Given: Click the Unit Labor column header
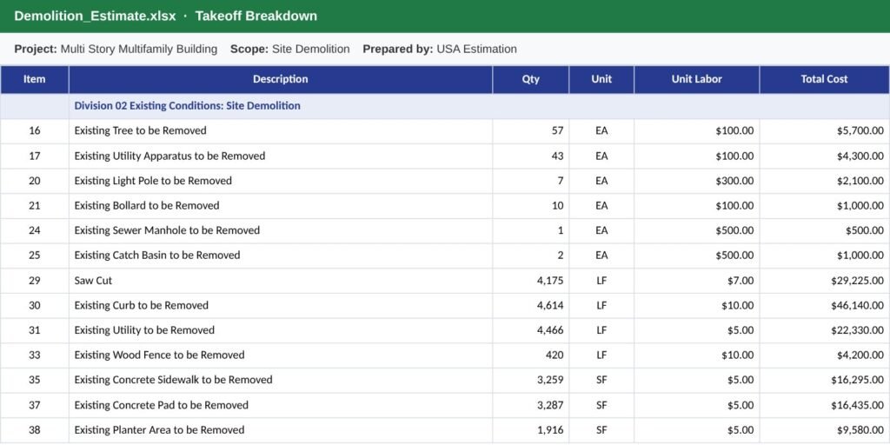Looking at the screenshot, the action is (696, 79).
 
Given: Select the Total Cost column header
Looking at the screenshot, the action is (824, 79).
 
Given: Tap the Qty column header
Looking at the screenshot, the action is (531, 79).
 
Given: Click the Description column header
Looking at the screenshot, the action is (281, 79).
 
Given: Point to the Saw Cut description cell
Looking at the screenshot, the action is (94, 281).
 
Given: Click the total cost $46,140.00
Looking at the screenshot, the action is (857, 305).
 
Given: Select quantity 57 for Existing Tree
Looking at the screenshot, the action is (557, 130).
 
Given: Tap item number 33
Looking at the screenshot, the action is (35, 355).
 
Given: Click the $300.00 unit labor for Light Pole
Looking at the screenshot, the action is (734, 181).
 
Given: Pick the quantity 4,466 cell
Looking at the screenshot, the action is (550, 330).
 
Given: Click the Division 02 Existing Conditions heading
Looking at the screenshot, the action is (188, 106).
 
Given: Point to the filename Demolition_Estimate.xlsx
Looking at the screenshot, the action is (95, 16).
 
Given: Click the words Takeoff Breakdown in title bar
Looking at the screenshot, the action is (256, 16).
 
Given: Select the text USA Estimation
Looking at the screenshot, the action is (476, 50).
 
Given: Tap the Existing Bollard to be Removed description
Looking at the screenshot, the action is (147, 205).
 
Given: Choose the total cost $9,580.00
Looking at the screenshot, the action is (860, 430).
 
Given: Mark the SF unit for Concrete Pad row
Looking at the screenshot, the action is (601, 405).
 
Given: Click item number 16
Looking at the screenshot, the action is (35, 130).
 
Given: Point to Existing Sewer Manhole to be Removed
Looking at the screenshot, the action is (167, 230).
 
